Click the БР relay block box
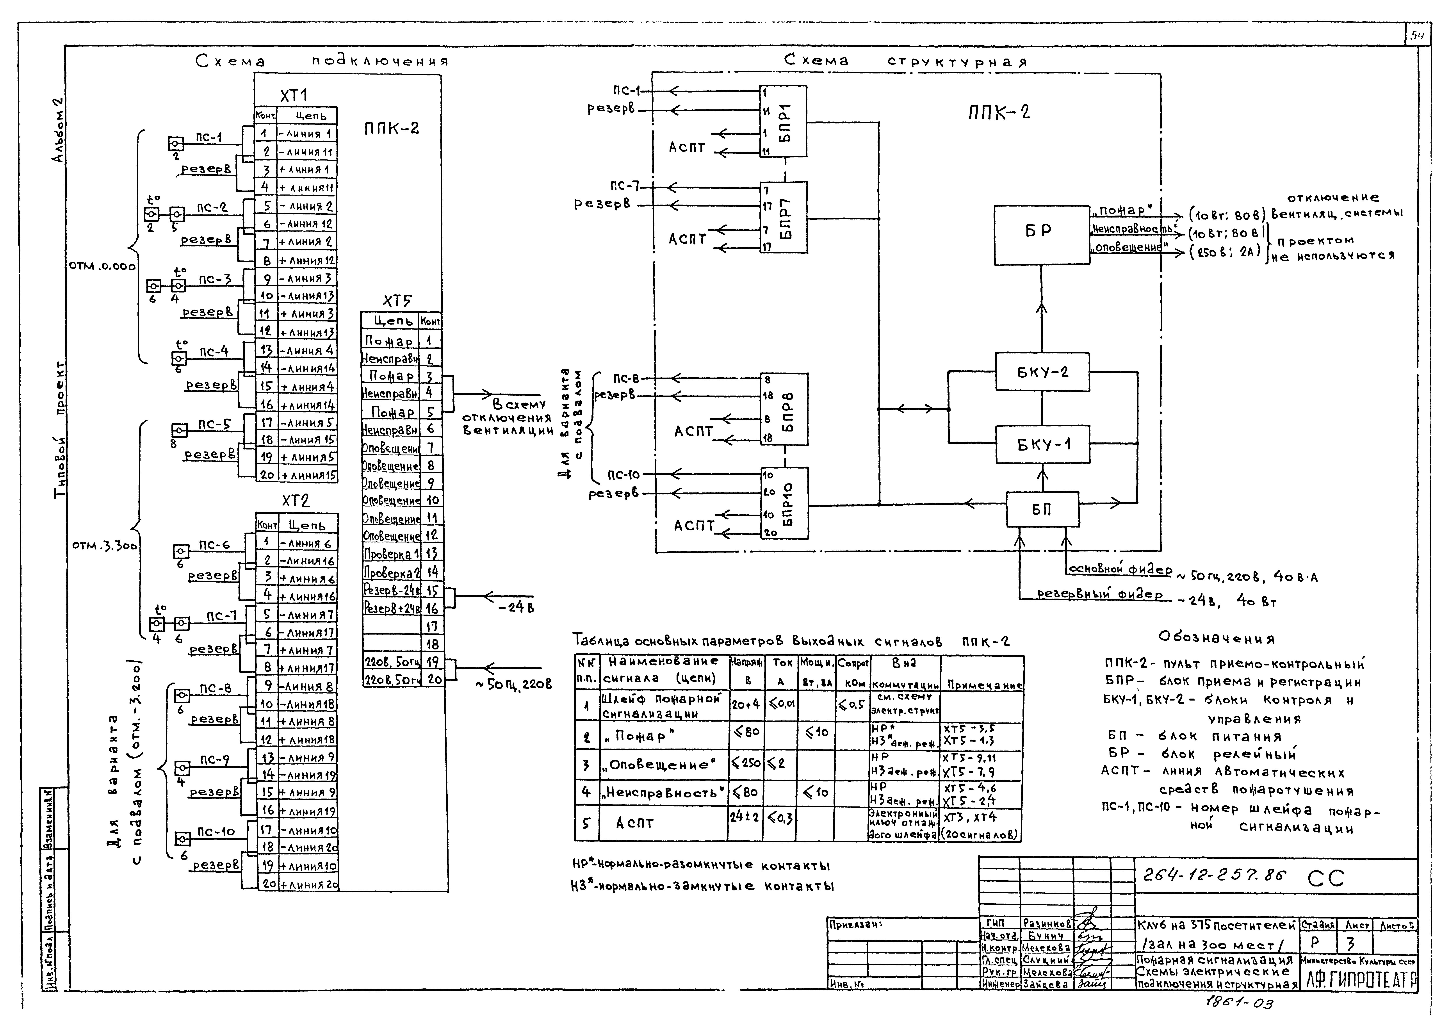[1041, 235]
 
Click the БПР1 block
[783, 121]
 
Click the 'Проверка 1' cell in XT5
[390, 554]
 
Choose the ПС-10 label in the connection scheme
[216, 832]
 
